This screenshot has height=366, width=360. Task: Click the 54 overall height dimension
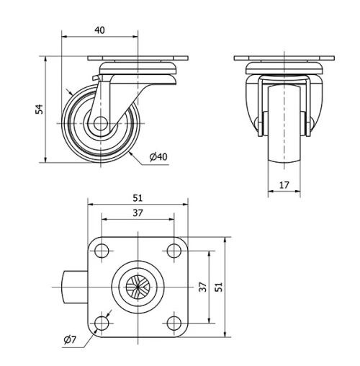[40, 109]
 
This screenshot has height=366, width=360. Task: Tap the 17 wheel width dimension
[284, 185]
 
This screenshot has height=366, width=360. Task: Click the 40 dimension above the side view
[99, 30]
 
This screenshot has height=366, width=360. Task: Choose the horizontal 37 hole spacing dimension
[137, 213]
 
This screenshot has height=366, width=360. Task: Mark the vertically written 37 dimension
[202, 287]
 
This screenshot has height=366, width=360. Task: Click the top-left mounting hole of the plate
[102, 251]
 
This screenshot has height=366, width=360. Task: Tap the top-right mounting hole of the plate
[173, 251]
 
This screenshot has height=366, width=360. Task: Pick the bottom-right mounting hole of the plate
[173, 323]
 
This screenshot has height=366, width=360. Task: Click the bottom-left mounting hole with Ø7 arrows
[102, 323]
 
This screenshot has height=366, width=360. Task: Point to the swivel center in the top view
[137, 287]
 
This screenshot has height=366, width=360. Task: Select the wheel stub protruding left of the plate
[72, 287]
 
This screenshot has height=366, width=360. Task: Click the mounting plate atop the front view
[284, 59]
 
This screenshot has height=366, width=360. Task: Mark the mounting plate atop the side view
[137, 59]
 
